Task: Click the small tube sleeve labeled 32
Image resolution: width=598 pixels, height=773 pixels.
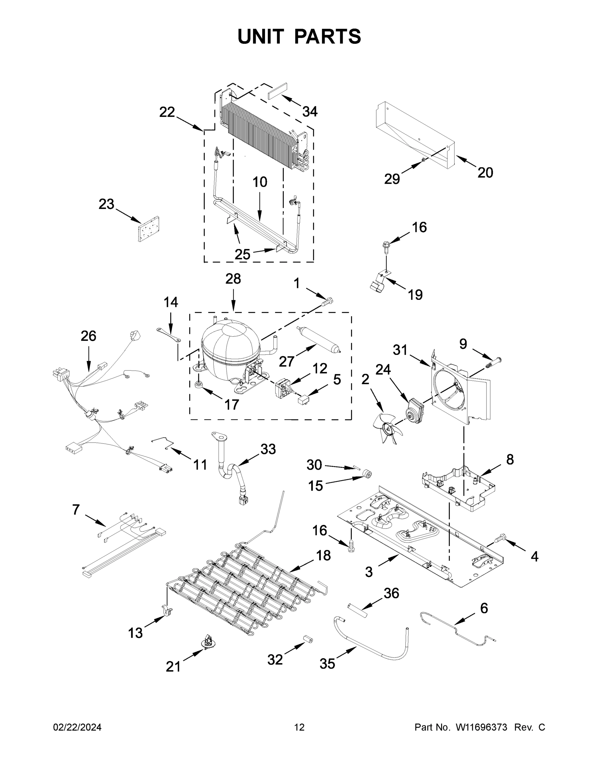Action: [x=308, y=640]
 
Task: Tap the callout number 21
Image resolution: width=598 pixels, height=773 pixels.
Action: [x=173, y=667]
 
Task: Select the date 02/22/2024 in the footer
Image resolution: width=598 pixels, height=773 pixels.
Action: [x=77, y=727]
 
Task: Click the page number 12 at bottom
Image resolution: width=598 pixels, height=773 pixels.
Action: [x=299, y=727]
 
